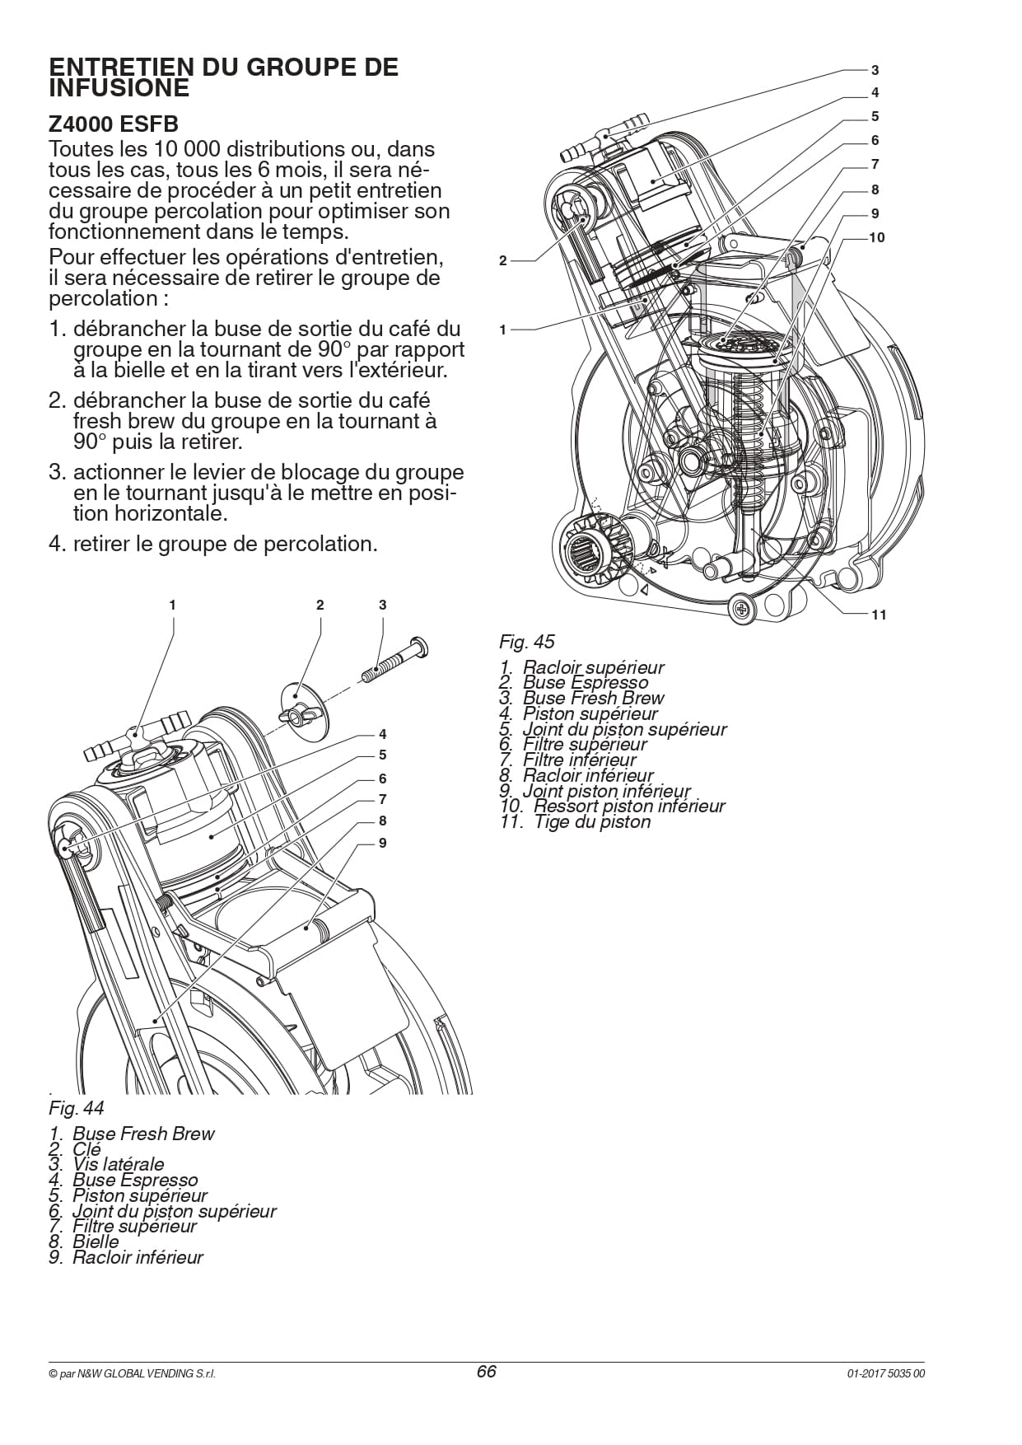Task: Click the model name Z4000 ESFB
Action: (x=114, y=124)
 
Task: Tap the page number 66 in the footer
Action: (x=487, y=1372)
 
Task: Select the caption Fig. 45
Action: (x=527, y=642)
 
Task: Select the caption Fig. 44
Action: (x=77, y=1107)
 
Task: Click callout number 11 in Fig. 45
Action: (x=879, y=615)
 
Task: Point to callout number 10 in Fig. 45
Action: (x=877, y=237)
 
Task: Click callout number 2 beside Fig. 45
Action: (x=503, y=261)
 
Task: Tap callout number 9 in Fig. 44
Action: (x=382, y=843)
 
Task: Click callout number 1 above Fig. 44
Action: (x=172, y=605)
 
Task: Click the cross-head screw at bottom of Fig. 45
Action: (x=741, y=609)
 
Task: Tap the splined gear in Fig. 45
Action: (x=590, y=547)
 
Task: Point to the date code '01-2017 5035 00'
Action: (x=886, y=1374)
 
